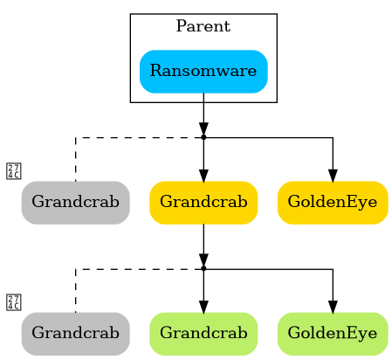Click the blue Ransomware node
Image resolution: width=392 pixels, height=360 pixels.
203,71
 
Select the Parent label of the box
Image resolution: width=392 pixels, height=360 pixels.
203,26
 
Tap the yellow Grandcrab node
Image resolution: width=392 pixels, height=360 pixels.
203,202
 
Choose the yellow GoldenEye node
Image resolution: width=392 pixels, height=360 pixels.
333,202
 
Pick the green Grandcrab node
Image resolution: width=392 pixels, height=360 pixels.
203,333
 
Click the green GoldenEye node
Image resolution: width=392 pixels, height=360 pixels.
333,333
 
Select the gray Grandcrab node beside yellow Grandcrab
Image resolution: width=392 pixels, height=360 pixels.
75,202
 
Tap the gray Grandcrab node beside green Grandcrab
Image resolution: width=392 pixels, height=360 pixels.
75,333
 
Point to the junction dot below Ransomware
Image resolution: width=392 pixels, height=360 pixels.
203,137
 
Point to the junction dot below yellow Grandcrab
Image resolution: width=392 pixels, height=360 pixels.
203,268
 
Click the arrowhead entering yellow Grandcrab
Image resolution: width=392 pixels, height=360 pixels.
203,174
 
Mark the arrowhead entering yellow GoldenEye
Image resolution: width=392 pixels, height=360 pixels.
333,174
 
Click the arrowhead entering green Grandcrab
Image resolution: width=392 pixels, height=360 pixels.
203,305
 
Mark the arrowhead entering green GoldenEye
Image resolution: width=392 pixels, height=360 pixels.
333,305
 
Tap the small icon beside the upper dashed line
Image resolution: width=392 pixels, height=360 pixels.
13,170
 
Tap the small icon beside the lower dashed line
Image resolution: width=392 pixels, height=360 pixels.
13,302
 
